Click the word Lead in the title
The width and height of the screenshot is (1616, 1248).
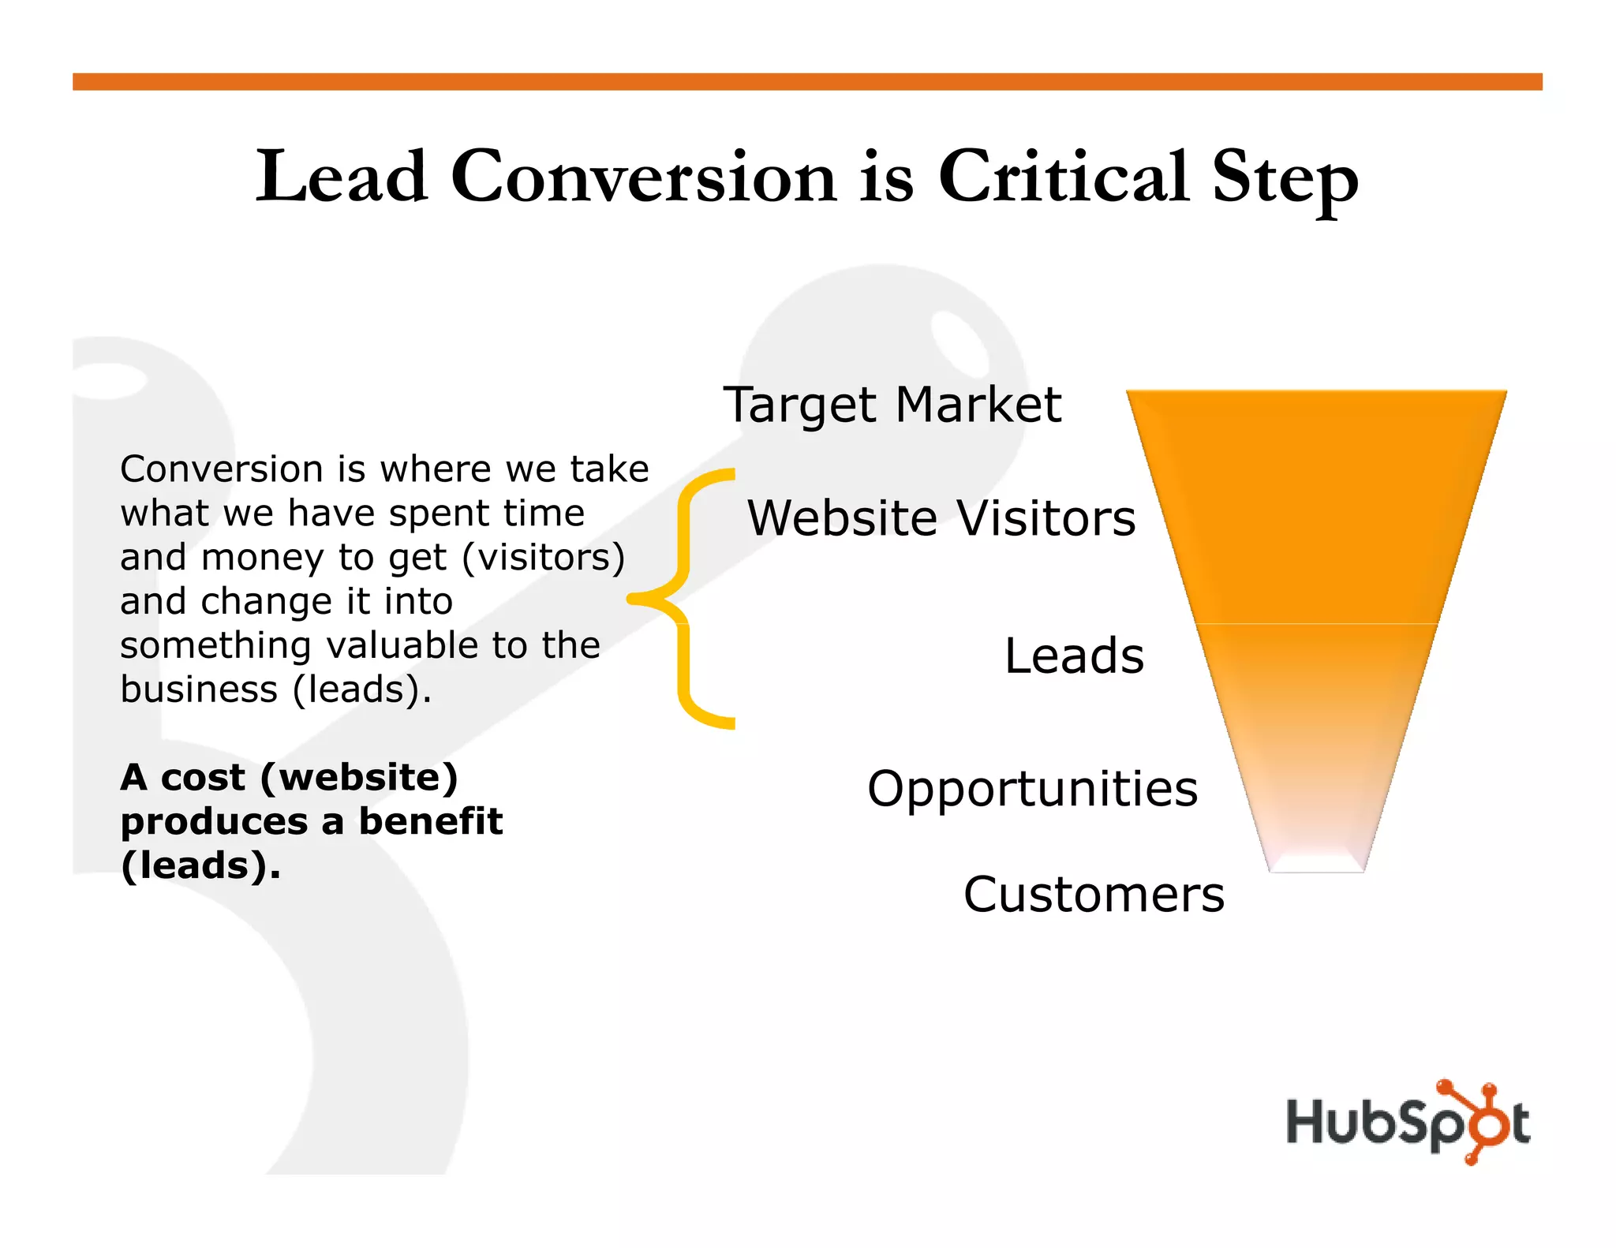pos(342,177)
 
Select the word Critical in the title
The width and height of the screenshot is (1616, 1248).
pos(1063,177)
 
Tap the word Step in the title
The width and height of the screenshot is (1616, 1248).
pos(1285,180)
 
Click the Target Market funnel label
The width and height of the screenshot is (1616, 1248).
pos(892,405)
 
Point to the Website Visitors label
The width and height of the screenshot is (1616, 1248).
pos(941,518)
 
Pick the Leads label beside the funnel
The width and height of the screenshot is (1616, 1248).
pos(1074,656)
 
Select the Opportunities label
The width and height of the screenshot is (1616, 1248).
pos(1032,788)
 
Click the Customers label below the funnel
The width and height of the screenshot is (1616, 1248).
pos(1094,895)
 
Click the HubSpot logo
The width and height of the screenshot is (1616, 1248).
pos(1408,1123)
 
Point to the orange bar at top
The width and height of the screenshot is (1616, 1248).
pos(806,82)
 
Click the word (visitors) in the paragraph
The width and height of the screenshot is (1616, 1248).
pos(543,557)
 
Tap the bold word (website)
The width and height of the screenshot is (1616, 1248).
pos(359,778)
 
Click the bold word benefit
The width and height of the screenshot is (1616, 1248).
pos(431,821)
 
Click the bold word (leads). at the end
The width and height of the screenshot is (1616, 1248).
pos(200,865)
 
